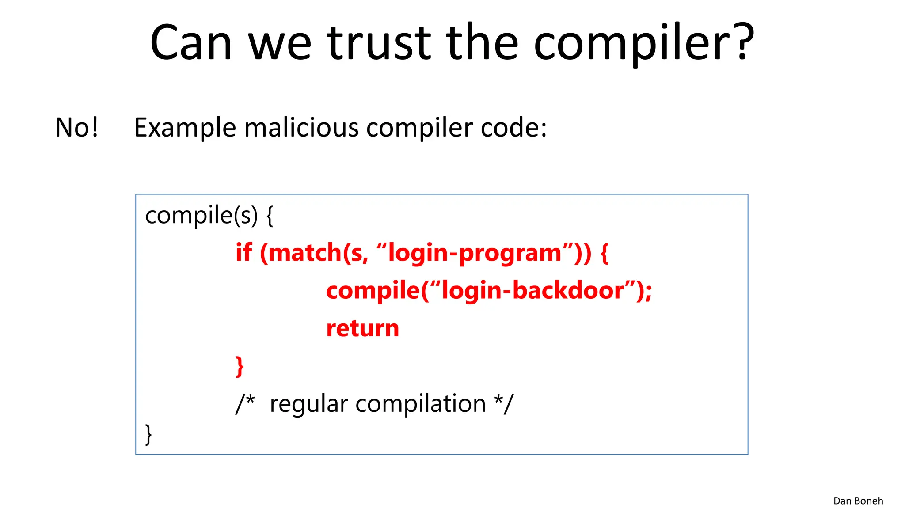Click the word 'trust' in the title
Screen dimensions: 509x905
coord(379,43)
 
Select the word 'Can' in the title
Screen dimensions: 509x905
coord(191,43)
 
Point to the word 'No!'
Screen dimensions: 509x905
coord(76,128)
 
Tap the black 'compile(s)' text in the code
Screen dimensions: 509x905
coord(201,216)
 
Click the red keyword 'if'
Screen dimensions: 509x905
coord(243,253)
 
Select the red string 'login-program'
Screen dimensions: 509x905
coord(475,254)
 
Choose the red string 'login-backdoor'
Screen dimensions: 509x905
coord(533,291)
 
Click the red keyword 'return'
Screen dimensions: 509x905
coord(362,329)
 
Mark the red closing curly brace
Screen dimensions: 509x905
coord(240,367)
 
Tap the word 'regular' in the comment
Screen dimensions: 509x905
coord(309,404)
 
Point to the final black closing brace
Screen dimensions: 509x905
coord(148,434)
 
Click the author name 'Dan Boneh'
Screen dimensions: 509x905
coord(858,501)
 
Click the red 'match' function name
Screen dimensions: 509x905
coord(305,253)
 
